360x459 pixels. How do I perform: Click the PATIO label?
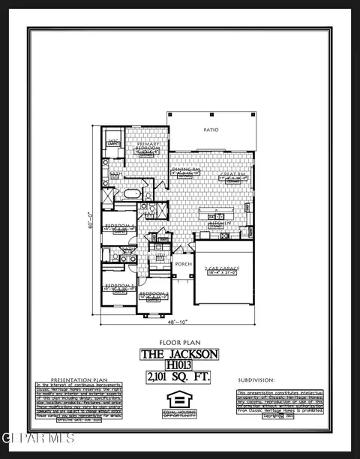(211, 130)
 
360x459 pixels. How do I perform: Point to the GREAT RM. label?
(229, 175)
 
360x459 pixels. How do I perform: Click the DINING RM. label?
(184, 169)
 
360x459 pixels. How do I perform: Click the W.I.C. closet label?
(113, 140)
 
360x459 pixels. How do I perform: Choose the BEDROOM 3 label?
(119, 286)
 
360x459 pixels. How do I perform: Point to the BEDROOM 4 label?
(120, 225)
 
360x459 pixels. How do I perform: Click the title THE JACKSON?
(179, 353)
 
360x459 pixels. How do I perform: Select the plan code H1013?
(179, 365)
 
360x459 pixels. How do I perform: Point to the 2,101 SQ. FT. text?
(179, 377)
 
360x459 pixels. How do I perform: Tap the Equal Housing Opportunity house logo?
(179, 399)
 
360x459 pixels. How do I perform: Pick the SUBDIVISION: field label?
(256, 380)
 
